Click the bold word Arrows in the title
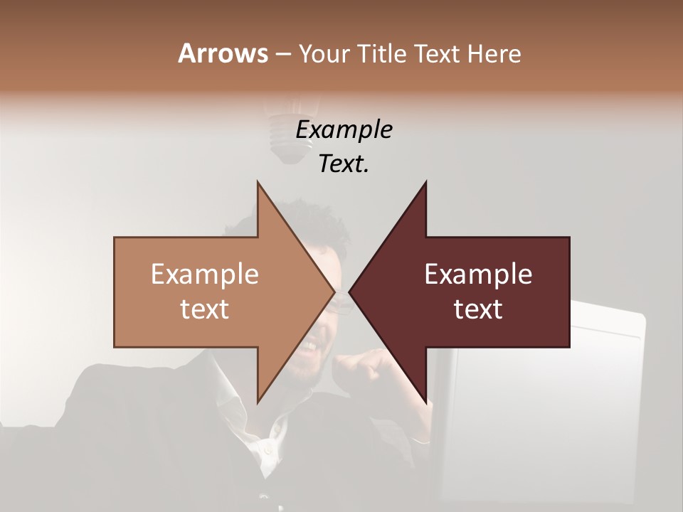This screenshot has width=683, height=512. click(x=223, y=53)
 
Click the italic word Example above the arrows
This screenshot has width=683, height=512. click(x=344, y=129)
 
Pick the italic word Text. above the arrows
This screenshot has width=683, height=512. click(x=344, y=164)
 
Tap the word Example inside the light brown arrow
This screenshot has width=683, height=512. click(x=205, y=274)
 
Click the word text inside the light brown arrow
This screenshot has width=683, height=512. click(x=205, y=309)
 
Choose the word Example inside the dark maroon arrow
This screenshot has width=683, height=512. click(x=478, y=274)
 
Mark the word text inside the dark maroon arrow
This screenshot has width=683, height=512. click(x=478, y=309)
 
